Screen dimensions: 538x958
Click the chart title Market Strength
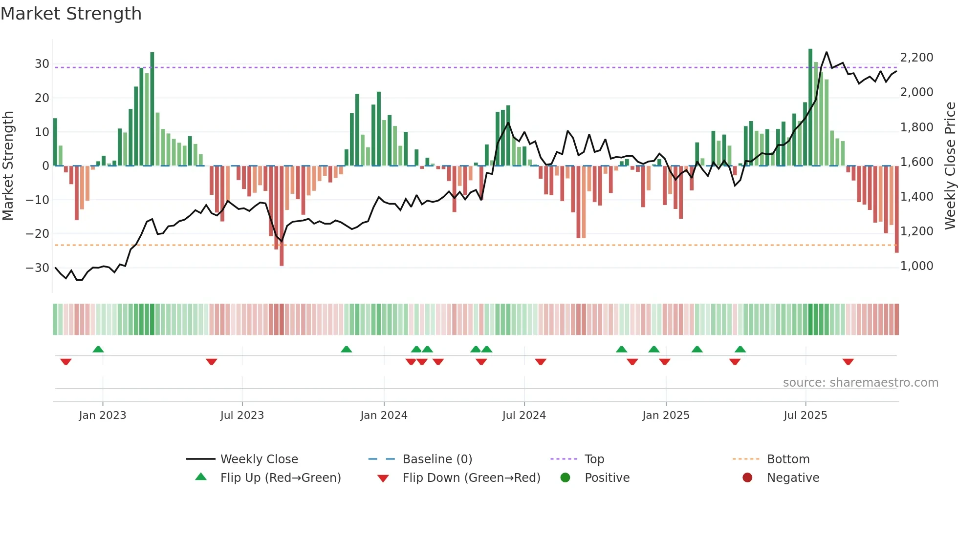pos(71,14)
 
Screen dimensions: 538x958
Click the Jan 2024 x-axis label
pos(384,415)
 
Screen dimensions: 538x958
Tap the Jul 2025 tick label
pos(805,415)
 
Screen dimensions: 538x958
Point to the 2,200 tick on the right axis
pos(916,58)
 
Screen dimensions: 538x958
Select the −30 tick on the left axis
pos(38,268)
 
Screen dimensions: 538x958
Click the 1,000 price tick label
pos(916,266)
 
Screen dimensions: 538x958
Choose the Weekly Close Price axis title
pos(950,166)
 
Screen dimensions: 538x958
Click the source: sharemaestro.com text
pos(860,383)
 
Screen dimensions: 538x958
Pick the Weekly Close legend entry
pos(259,459)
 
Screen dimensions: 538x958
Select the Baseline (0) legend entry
pos(437,459)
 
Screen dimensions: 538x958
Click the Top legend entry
pos(594,459)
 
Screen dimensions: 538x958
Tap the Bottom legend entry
pos(788,459)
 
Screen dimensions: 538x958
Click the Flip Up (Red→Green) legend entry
pos(281,478)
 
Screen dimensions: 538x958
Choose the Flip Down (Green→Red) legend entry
pos(471,478)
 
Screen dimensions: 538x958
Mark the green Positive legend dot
pos(566,478)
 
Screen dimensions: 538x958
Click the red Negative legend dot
pos(747,478)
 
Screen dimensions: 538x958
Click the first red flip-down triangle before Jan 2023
pos(66,362)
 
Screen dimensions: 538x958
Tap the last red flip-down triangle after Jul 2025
pos(848,362)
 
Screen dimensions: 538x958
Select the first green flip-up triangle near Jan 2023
pos(98,349)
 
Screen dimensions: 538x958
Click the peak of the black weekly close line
pos(827,52)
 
